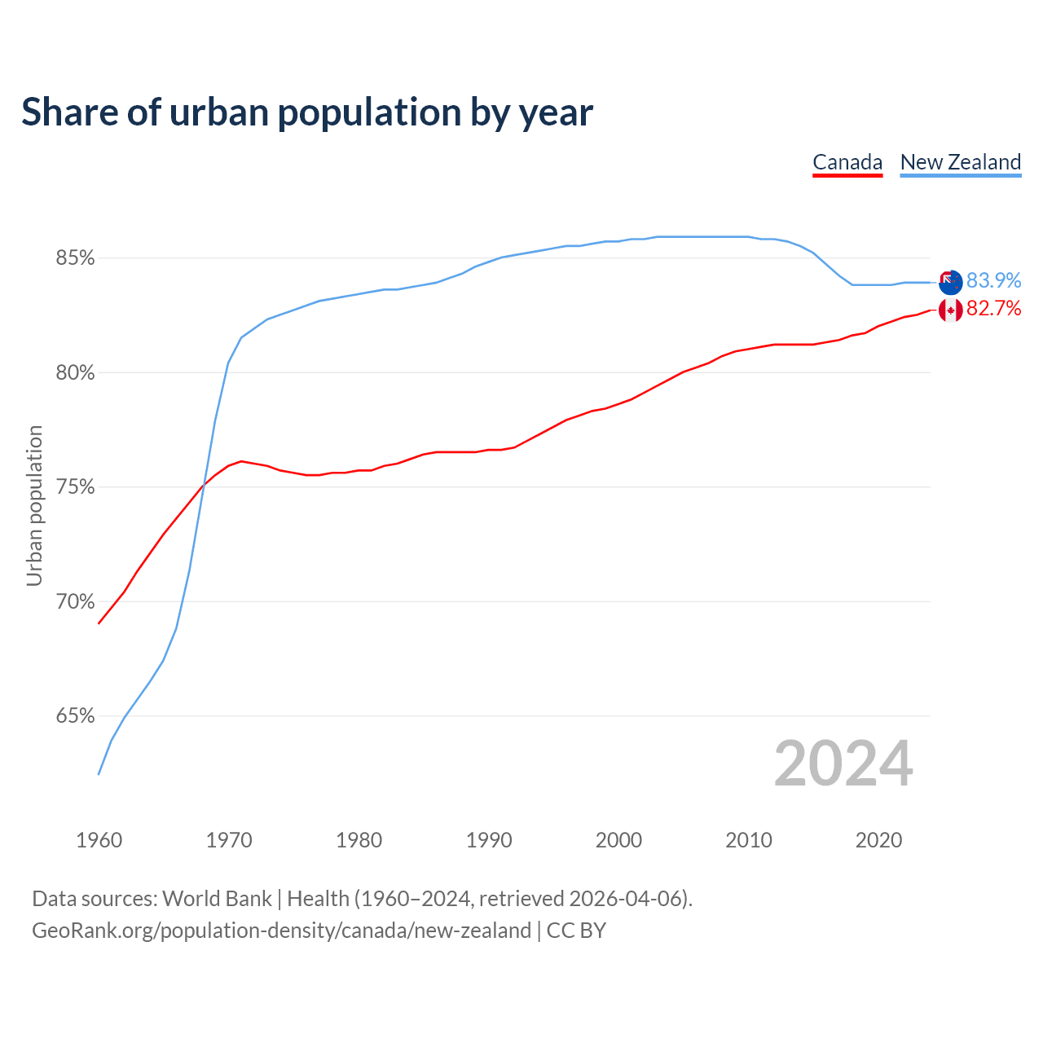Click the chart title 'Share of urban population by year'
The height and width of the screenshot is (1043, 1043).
(x=307, y=112)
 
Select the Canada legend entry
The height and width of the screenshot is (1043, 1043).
(x=847, y=162)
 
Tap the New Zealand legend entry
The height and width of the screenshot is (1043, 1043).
(x=960, y=162)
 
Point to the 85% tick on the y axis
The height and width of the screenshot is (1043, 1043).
(x=75, y=258)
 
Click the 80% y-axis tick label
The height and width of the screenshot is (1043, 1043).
(x=75, y=373)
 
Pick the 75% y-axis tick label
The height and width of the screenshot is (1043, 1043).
(x=75, y=487)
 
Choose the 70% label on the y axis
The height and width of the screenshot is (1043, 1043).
(x=75, y=602)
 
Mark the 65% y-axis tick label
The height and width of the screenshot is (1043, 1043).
(x=75, y=716)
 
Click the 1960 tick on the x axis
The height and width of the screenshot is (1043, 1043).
(x=99, y=840)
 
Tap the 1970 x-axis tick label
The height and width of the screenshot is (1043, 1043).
(x=229, y=840)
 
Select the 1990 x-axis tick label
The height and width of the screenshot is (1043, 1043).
(x=489, y=840)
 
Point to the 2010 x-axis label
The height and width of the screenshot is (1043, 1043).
(x=749, y=840)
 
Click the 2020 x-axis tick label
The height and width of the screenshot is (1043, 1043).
(x=878, y=840)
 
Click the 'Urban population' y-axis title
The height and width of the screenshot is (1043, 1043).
(x=34, y=505)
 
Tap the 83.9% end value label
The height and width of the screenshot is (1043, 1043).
(x=993, y=280)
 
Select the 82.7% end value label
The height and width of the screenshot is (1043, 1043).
(x=993, y=309)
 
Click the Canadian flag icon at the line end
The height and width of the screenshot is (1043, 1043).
(x=950, y=310)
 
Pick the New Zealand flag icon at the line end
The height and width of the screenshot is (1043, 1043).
(x=950, y=282)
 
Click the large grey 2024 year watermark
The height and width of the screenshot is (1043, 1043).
(x=843, y=764)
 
